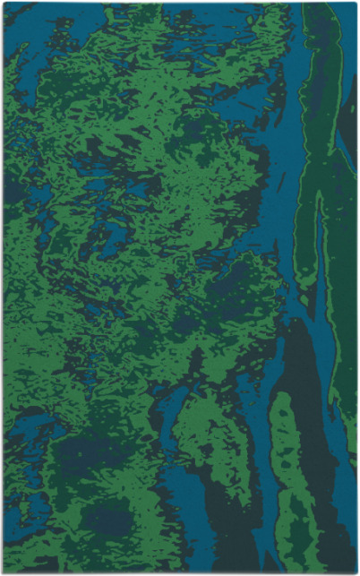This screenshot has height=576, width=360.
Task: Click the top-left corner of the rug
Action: coord(3,3)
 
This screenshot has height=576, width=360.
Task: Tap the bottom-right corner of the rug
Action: coord(356,573)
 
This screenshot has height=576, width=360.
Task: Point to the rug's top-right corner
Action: coord(356,3)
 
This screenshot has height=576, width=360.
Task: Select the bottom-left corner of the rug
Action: coord(3,573)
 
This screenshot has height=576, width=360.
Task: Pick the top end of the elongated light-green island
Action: coord(279,399)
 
